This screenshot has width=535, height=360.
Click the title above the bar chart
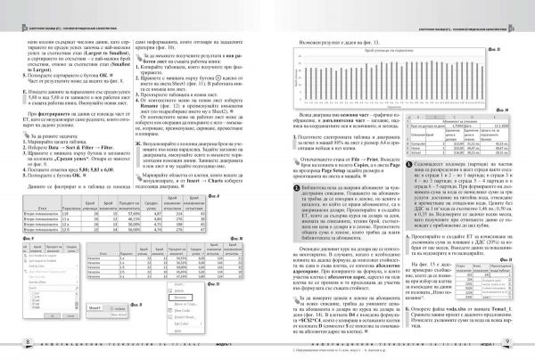pos(384,53)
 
